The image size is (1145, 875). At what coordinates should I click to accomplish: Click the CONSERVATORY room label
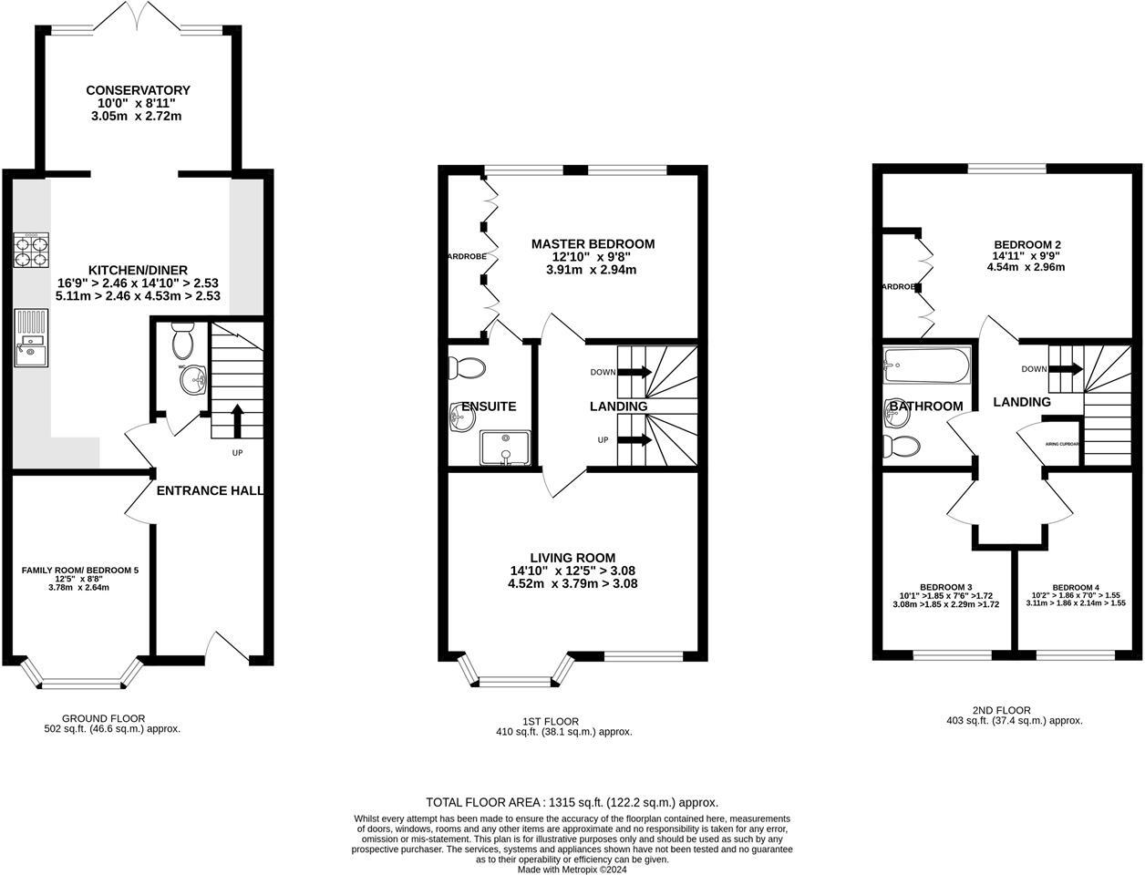coord(138,90)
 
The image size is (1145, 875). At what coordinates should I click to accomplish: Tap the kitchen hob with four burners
coord(31,251)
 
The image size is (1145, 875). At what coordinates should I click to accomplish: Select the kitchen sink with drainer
coord(32,338)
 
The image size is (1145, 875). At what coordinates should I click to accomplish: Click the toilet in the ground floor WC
coord(182,343)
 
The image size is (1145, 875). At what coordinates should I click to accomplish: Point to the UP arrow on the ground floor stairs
coord(237,422)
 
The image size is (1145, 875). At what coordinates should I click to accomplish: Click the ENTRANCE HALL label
coord(210,490)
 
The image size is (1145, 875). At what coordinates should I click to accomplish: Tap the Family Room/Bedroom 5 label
coord(80,571)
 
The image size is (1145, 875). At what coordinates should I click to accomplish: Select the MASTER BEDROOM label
coord(593,244)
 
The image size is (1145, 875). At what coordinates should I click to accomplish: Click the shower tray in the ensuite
coord(504,447)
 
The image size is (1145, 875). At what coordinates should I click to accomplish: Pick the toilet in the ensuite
coord(469,367)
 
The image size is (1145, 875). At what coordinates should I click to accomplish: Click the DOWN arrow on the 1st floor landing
coord(634,372)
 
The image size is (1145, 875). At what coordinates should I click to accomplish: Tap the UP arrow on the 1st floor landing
coord(634,440)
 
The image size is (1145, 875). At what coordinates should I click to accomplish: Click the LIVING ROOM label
coord(572,558)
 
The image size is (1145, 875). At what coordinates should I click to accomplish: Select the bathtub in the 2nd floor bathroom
coord(925,367)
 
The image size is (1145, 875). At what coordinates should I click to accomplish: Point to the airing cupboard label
coord(1062,444)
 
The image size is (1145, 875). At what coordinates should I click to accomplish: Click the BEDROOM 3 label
coord(945,586)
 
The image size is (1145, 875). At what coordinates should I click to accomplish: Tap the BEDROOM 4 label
coord(1076,587)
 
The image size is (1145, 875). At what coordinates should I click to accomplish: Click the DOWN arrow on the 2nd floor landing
coord(1066,369)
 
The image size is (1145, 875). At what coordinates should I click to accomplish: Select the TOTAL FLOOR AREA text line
coord(572,803)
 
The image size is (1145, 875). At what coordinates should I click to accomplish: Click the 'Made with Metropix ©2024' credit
coord(572,870)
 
